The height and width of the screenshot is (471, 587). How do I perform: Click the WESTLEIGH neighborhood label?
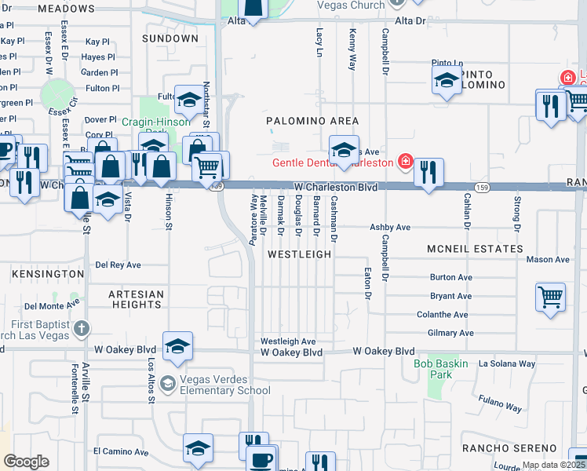tap(299, 255)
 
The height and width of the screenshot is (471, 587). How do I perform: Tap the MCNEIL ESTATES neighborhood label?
tap(474, 249)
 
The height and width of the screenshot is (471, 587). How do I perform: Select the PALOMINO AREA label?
tap(312, 121)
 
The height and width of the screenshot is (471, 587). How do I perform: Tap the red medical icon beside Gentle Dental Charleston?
tap(405, 162)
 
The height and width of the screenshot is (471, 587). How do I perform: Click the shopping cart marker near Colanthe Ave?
tap(551, 298)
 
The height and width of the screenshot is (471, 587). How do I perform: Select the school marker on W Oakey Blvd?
tap(178, 346)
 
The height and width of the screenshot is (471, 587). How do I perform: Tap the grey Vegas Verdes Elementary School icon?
tap(167, 384)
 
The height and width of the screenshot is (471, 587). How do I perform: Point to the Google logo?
tap(27, 461)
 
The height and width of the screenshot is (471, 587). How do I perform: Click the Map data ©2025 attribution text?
tap(553, 465)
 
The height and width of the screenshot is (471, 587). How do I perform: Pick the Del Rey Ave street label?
tap(118, 265)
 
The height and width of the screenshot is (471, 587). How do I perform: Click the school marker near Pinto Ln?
tap(447, 79)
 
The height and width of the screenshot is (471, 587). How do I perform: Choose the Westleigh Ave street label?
tap(288, 341)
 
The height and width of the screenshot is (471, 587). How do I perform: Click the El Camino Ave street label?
tap(121, 452)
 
